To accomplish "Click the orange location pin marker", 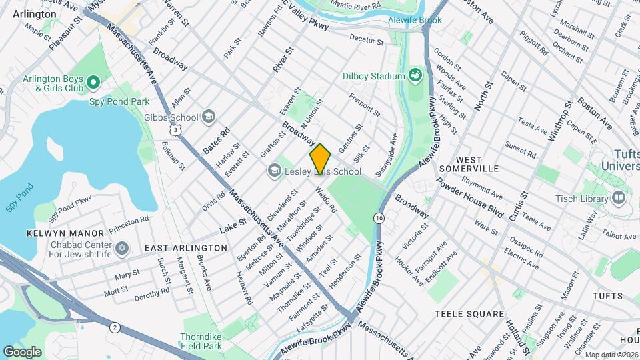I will (x=320, y=159).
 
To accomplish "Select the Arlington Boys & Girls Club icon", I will (x=93, y=83).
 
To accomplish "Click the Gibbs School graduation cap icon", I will (x=209, y=117).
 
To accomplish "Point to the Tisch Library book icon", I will (x=619, y=197).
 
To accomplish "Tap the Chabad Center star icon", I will (x=121, y=249).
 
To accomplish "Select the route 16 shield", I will (x=379, y=218).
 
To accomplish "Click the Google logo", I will (x=22, y=351).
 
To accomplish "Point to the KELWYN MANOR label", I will (x=65, y=233).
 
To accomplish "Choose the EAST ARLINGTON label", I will (x=186, y=248).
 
